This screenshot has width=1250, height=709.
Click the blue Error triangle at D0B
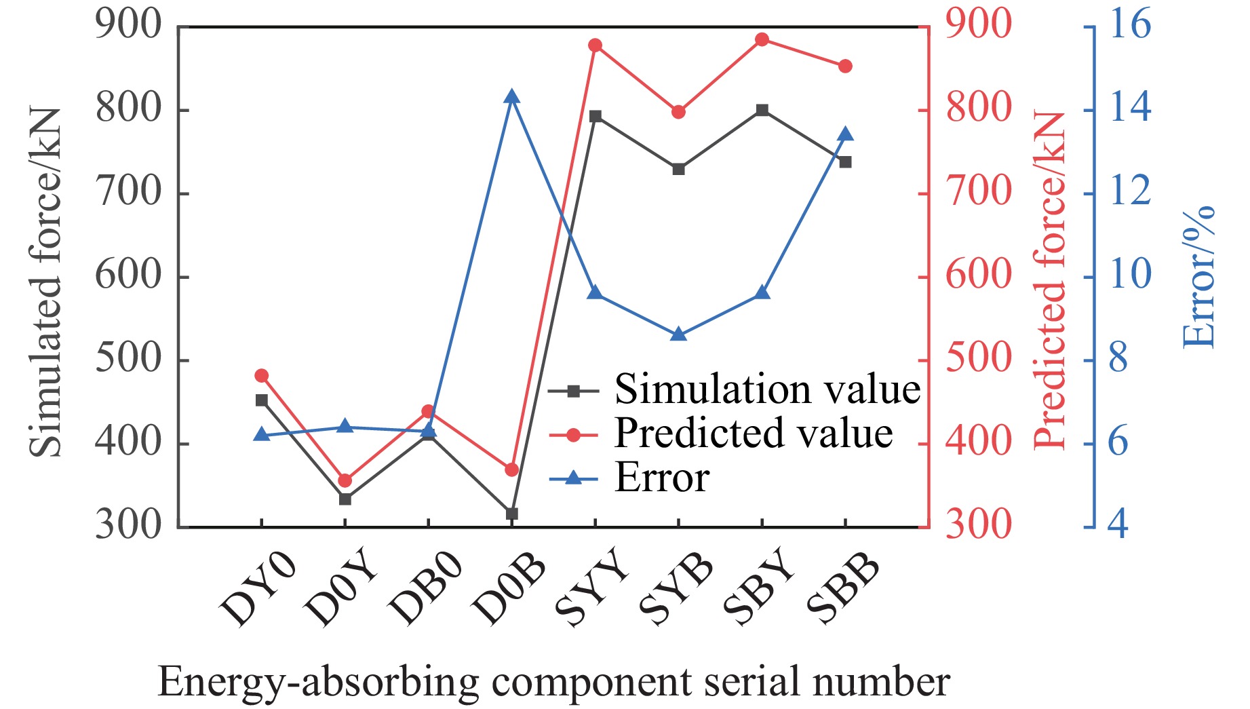click(512, 98)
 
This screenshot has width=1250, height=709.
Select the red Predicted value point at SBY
click(762, 39)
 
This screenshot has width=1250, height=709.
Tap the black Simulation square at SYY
click(595, 117)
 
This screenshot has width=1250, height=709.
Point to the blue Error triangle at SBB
click(845, 134)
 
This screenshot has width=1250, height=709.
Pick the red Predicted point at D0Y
click(345, 480)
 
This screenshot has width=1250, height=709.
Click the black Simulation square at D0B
click(512, 514)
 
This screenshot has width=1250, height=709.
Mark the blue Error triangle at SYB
click(678, 334)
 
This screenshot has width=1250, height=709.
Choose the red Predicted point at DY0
click(262, 375)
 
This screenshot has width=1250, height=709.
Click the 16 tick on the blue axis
click(1129, 25)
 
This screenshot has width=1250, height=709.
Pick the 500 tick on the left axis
click(129, 360)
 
